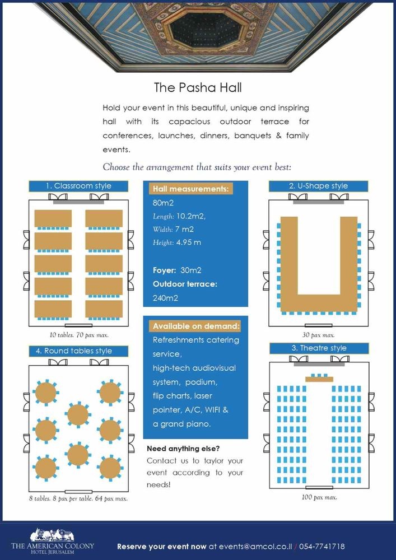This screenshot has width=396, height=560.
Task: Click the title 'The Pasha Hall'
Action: pos(198,88)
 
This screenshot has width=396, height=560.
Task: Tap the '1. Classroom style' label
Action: pos(78,186)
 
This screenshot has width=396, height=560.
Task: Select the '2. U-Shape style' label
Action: pos(318,186)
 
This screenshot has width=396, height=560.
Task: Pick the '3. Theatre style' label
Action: pos(318,348)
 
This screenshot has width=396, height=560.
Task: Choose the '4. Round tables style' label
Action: pos(78,351)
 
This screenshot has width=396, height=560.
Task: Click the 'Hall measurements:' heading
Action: pos(190,189)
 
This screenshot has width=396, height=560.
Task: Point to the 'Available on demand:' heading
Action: pos(196,326)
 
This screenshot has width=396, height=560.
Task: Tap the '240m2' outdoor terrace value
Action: pos(165,298)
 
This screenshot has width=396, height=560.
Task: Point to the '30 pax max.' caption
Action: pos(318,335)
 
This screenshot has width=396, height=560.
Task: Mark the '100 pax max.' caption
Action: pos(319,497)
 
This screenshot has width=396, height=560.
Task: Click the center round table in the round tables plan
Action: pos(77,415)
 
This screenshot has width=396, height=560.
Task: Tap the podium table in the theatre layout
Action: pos(319,379)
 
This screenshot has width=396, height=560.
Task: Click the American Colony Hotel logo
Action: pos(53,540)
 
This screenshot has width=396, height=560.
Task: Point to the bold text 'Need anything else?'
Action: pos(183,449)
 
